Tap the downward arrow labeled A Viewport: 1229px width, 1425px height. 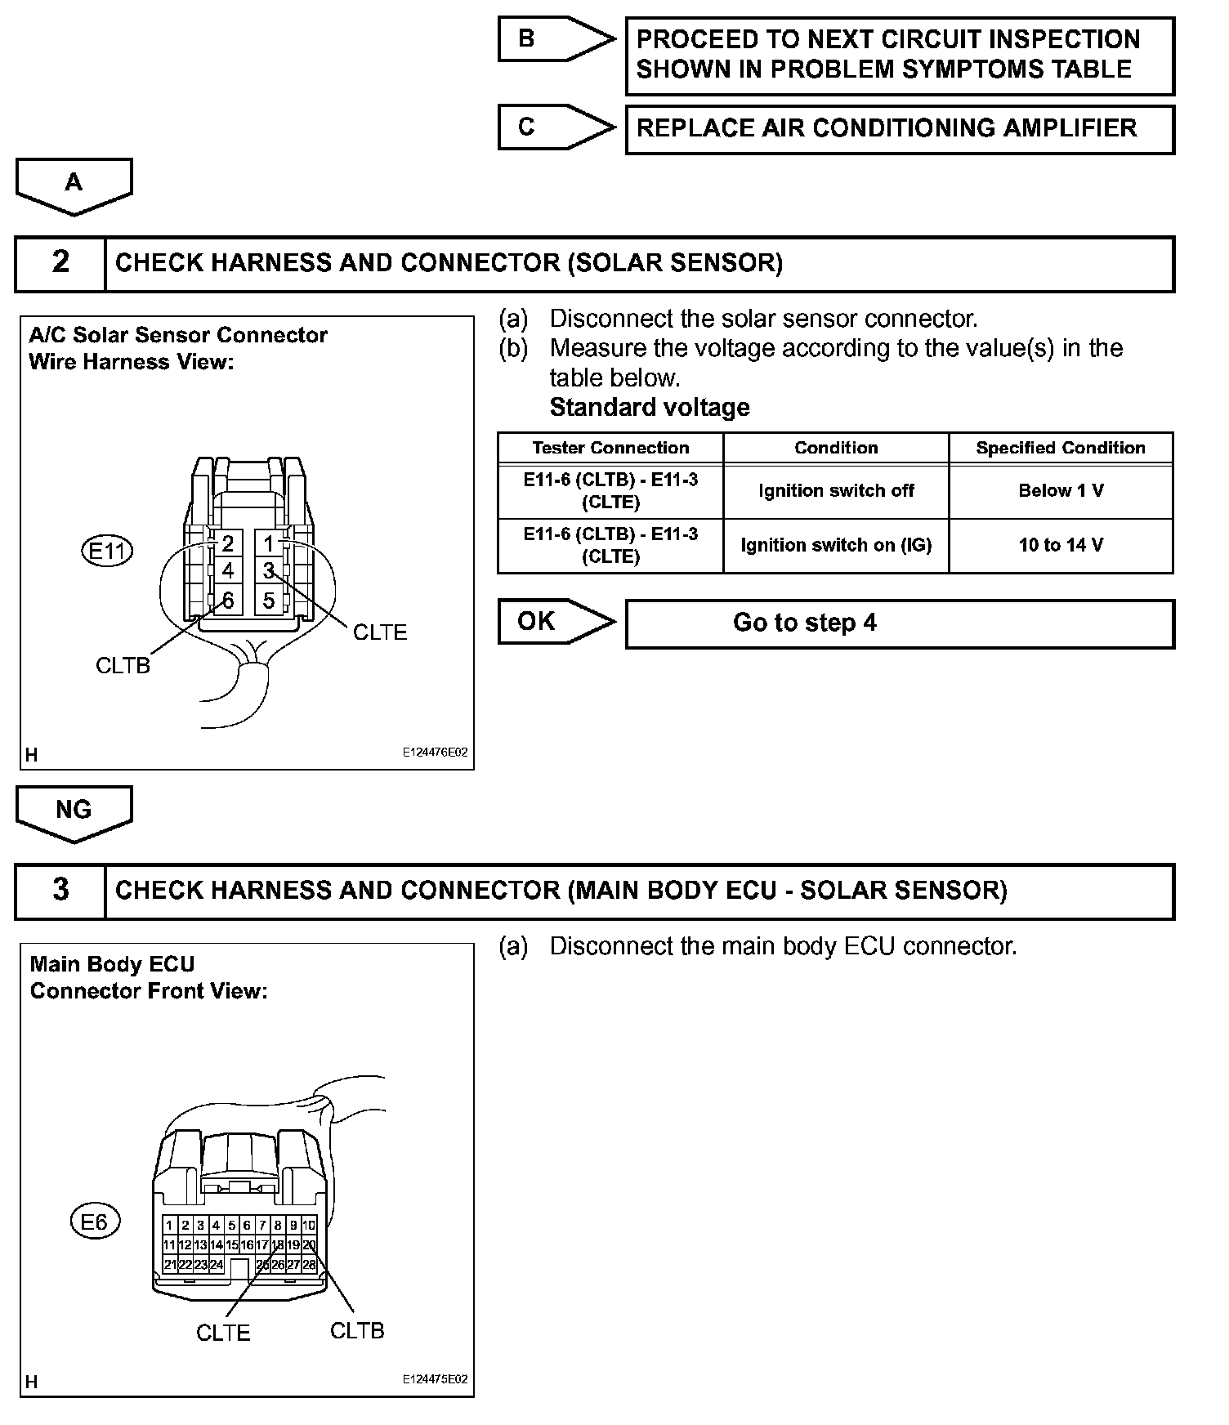click(74, 185)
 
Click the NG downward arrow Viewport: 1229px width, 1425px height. click(74, 812)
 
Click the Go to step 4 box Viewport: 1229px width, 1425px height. click(899, 623)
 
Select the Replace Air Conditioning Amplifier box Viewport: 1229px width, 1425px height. click(899, 129)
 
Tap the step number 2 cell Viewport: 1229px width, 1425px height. click(60, 263)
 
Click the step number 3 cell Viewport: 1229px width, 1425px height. click(60, 891)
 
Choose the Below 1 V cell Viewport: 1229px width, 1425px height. click(1061, 491)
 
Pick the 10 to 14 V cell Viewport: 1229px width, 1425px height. click(1061, 545)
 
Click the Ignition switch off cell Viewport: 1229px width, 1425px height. click(836, 491)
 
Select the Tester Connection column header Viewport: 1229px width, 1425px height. click(610, 448)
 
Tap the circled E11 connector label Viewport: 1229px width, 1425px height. click(107, 552)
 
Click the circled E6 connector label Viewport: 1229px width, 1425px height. click(95, 1222)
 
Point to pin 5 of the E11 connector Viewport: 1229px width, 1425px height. click(269, 601)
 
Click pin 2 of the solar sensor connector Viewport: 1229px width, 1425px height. click(227, 543)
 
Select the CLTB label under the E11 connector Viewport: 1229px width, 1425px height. click(123, 666)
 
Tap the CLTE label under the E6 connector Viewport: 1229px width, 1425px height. click(223, 1333)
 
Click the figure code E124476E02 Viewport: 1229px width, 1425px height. click(435, 753)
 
